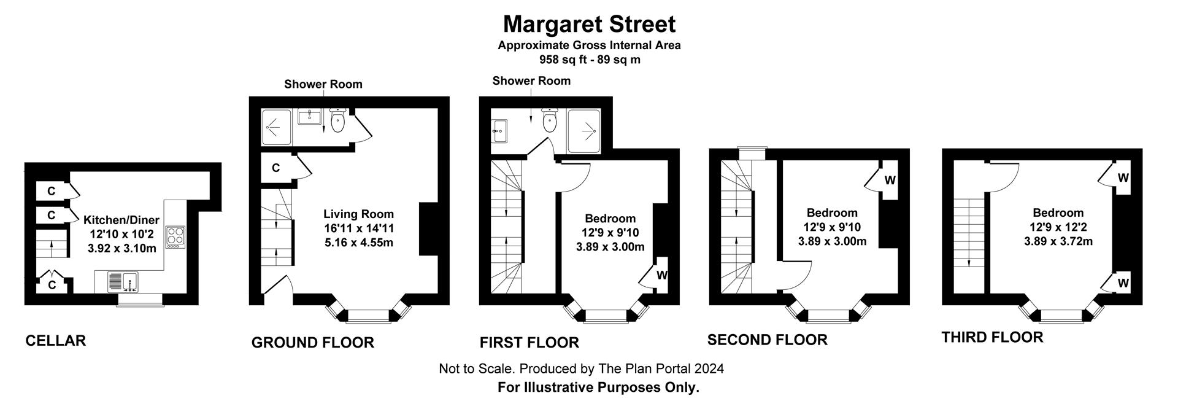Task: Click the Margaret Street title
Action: [x=589, y=25]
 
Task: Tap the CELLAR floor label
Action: [x=55, y=341]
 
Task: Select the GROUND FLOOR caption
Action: [x=312, y=343]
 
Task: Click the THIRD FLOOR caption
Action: [x=992, y=337]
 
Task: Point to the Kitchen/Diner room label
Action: [x=121, y=220]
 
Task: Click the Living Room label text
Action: [x=358, y=214]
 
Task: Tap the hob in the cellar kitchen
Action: [x=175, y=236]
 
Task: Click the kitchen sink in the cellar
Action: [x=123, y=282]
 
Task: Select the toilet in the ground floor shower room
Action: [x=338, y=122]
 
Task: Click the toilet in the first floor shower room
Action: [x=550, y=121]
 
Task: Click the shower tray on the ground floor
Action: [x=277, y=128]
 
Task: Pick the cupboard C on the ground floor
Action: [x=275, y=168]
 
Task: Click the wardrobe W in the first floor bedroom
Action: [x=661, y=275]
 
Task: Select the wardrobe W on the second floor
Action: [x=890, y=180]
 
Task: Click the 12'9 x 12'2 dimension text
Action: [x=1058, y=227]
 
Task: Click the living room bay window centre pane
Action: [x=368, y=316]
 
